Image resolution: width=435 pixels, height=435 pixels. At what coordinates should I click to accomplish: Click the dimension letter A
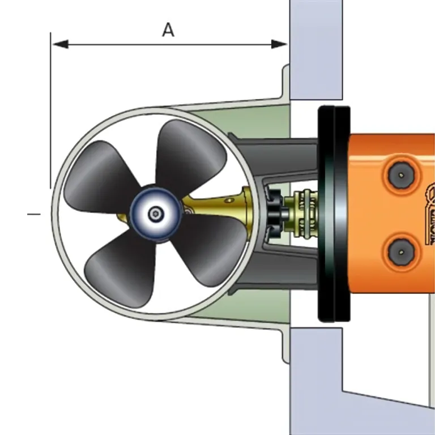pyautogui.click(x=168, y=30)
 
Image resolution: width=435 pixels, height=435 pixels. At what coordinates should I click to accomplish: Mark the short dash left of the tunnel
pyautogui.click(x=35, y=214)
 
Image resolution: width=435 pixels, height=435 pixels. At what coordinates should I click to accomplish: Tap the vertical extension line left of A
pyautogui.click(x=50, y=113)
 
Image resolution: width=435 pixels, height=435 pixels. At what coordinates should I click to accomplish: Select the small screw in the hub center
pyautogui.click(x=155, y=214)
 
